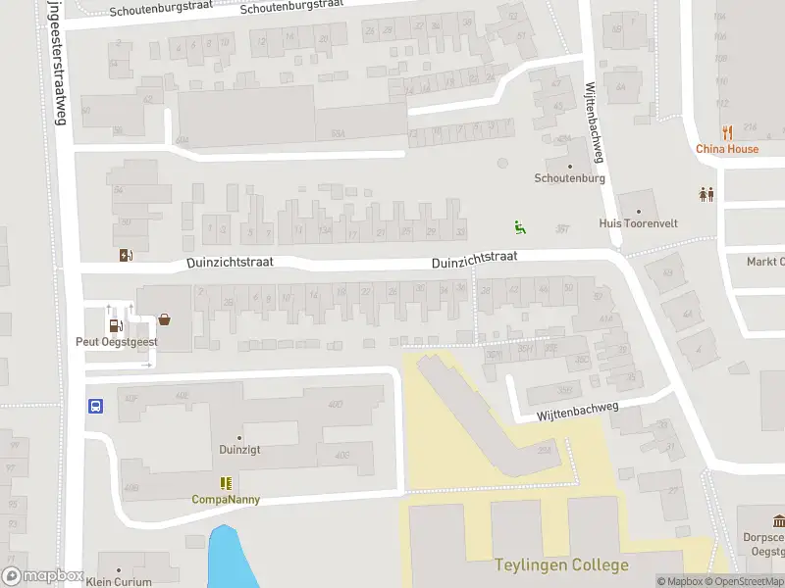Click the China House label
coord(727,149)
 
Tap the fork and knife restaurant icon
coord(727,132)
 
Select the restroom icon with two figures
coord(706,194)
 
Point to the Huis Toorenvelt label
coord(638,223)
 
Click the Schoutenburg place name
coord(569,178)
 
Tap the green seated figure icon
coord(519,227)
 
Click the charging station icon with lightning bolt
coord(126,256)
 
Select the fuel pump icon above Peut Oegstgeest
coord(115,325)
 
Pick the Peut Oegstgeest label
coord(110,342)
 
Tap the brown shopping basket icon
coord(164,318)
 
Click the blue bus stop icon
coord(96,407)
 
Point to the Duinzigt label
coord(238,451)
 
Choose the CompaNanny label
coord(226,499)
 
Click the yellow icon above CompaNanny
coord(226,483)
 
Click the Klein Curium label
coord(119,582)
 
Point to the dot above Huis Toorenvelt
coord(638,211)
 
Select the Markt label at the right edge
coord(765,262)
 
